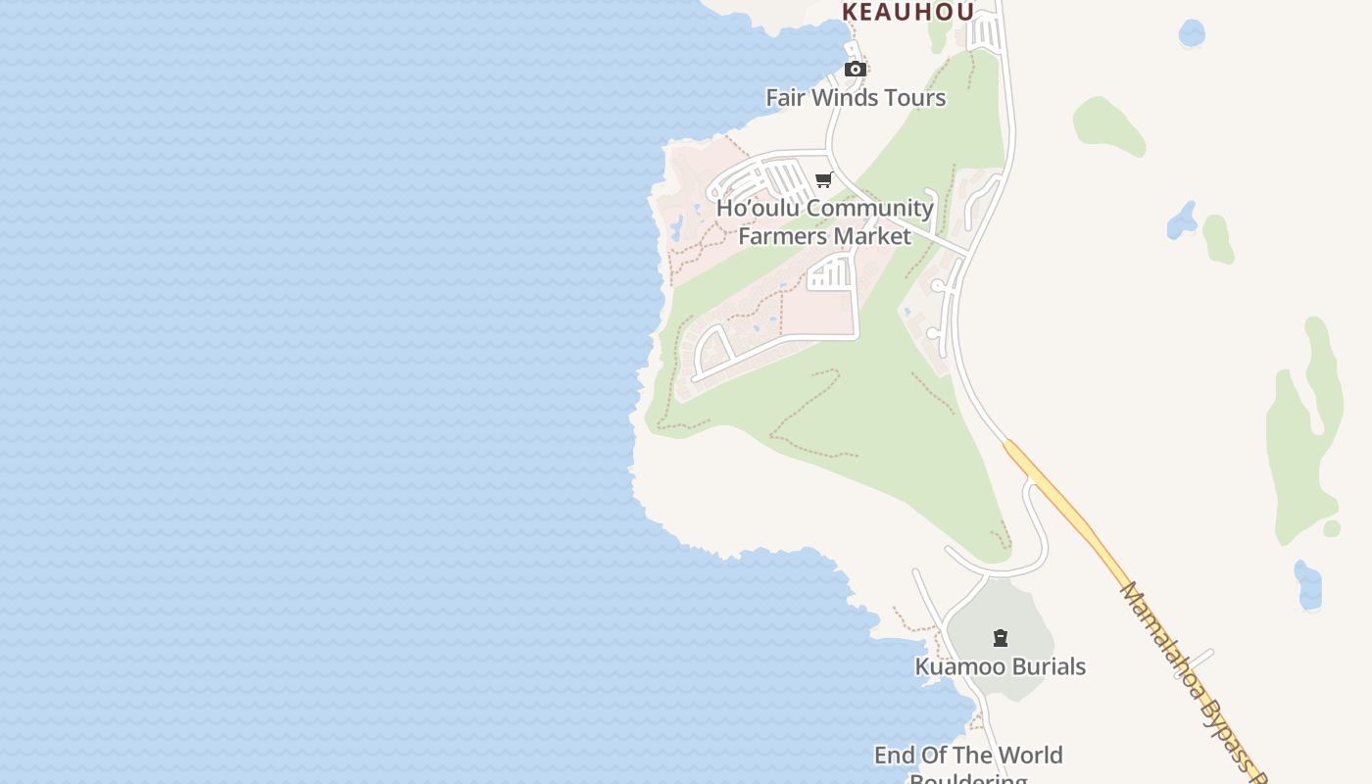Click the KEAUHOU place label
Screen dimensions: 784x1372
(907, 12)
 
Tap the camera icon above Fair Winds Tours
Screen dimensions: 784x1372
(856, 69)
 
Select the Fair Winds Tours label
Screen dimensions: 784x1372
(856, 97)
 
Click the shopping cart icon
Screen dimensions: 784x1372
(824, 180)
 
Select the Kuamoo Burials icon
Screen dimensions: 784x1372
(1001, 639)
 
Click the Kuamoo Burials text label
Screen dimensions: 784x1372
(1000, 666)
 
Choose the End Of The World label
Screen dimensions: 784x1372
(968, 756)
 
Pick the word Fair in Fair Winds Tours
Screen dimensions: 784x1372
(785, 97)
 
